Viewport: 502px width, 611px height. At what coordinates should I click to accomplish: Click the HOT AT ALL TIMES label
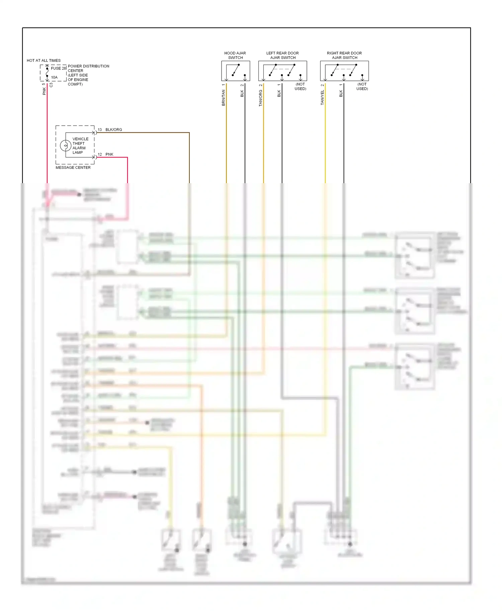click(x=44, y=60)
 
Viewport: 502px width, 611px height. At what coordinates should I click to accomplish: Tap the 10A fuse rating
click(x=54, y=77)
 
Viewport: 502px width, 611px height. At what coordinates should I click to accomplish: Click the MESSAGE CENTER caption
click(x=73, y=167)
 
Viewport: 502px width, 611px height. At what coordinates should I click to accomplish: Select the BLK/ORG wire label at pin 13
click(x=114, y=130)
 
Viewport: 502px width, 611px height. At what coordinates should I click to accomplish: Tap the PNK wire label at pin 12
click(x=109, y=154)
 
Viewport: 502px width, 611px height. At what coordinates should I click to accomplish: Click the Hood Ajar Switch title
click(x=235, y=55)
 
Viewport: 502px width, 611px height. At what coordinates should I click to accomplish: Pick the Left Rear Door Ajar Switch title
click(x=282, y=55)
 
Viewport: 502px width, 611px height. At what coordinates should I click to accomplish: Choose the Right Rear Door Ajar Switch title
click(x=344, y=55)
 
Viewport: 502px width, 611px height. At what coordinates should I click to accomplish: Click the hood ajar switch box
click(x=236, y=71)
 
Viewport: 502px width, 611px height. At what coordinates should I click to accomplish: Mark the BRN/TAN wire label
click(x=224, y=98)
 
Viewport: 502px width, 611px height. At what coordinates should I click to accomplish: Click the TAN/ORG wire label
click(x=261, y=98)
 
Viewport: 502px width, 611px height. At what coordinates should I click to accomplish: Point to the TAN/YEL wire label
click(x=323, y=98)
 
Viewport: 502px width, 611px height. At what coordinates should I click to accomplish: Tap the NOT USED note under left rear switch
click(x=300, y=87)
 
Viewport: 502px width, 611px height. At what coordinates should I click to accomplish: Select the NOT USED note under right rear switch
click(x=362, y=87)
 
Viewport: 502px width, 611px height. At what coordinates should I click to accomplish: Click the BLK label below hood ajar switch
click(x=242, y=94)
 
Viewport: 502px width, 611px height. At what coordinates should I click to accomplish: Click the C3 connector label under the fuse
click(x=51, y=85)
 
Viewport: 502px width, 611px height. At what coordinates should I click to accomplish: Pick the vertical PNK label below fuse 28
click(x=44, y=91)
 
